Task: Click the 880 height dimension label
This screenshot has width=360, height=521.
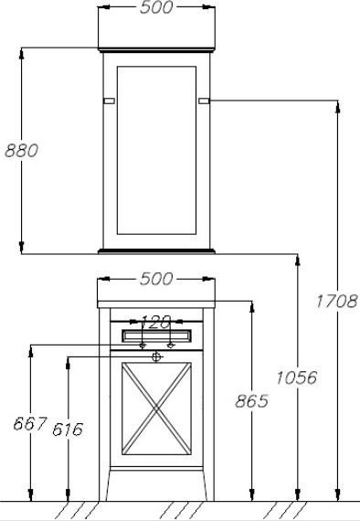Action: click(x=22, y=151)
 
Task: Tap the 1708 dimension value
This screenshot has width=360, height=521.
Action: click(x=336, y=302)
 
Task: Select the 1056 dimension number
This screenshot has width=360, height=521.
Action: click(x=297, y=377)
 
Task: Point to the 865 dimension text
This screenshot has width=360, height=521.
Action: click(x=251, y=401)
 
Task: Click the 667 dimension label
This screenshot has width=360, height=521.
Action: click(x=30, y=423)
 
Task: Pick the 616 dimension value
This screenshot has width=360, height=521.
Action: click(x=68, y=430)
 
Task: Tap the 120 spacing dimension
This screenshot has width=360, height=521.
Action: click(x=155, y=322)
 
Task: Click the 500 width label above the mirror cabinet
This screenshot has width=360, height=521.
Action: click(x=156, y=7)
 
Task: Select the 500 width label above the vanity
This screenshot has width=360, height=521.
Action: click(x=156, y=279)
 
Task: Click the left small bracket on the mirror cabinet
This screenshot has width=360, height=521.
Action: click(x=109, y=101)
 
